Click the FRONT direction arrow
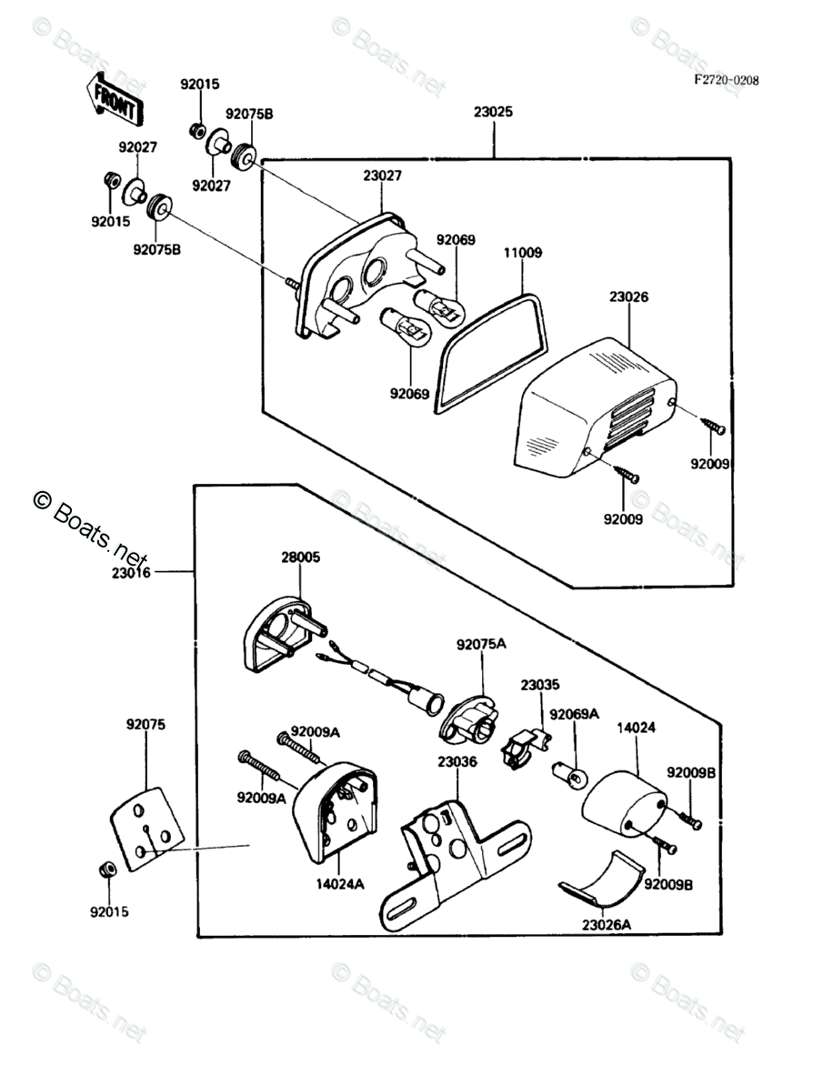point(114,100)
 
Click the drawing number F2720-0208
point(726,80)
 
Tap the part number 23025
point(493,114)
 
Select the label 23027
point(382,176)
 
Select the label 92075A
point(481,644)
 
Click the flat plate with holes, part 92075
point(147,829)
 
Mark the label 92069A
point(575,715)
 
